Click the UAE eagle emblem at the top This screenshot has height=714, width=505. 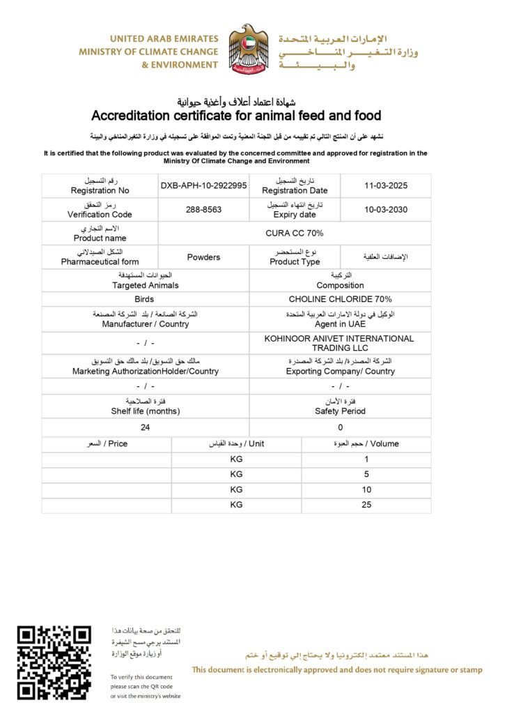coord(249,50)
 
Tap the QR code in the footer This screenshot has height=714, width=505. coord(54,662)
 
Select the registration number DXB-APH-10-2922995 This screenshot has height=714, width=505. coord(203,185)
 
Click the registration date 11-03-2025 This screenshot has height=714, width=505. coord(385,185)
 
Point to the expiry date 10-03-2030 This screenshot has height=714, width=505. coord(385,209)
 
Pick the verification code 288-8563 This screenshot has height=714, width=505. coord(203,209)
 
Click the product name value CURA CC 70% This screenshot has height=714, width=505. coord(295,233)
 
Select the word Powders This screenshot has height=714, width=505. coord(203,257)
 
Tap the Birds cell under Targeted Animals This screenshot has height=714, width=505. coord(144,299)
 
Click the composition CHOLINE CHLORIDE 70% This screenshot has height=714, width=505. coord(340,299)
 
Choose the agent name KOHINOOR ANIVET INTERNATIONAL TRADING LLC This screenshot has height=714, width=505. coord(339,343)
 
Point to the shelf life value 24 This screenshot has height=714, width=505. coord(145,427)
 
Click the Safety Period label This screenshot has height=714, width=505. coord(340,411)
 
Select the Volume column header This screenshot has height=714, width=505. coord(366,443)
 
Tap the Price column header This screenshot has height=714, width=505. coord(106,443)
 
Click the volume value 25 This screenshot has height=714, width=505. coord(366,505)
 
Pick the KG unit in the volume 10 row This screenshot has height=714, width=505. coord(236,489)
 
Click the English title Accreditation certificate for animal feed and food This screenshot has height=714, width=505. coord(236,115)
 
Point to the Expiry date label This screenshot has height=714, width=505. coord(295,215)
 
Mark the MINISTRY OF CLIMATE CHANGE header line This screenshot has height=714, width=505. coord(148,52)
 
